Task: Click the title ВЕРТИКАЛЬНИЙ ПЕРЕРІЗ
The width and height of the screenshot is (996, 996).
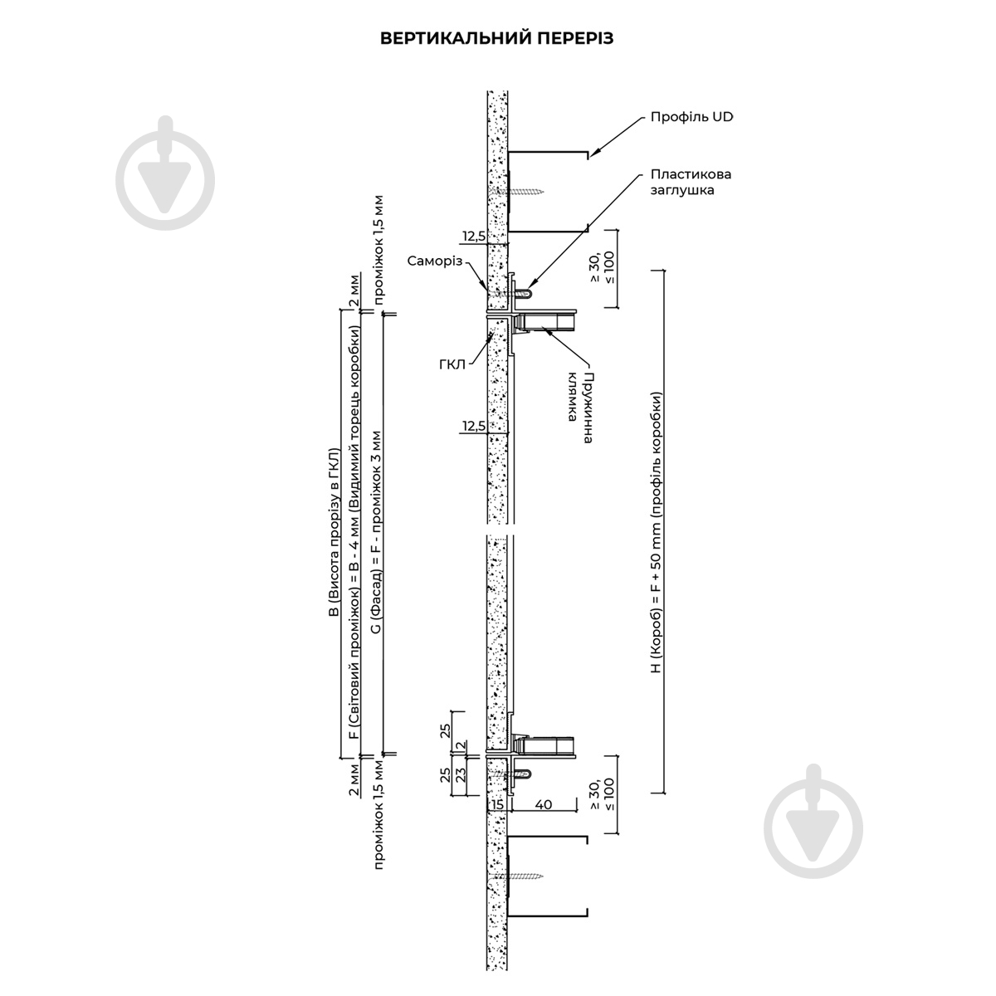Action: pyautogui.click(x=496, y=38)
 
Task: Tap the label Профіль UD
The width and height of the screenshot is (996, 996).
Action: pyautogui.click(x=691, y=117)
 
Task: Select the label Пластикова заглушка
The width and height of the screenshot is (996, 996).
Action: pyautogui.click(x=691, y=182)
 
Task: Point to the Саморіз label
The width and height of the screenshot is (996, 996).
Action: pyautogui.click(x=435, y=261)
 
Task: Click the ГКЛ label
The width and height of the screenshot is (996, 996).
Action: pyautogui.click(x=452, y=364)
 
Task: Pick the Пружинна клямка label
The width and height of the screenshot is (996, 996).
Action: pyautogui.click(x=580, y=408)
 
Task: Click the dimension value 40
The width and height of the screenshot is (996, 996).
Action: pyautogui.click(x=544, y=804)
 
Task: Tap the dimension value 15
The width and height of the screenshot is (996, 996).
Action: pyautogui.click(x=497, y=804)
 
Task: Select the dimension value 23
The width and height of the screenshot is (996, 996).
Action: pyautogui.click(x=461, y=774)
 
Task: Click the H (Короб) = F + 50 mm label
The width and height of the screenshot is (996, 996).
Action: pyautogui.click(x=656, y=533)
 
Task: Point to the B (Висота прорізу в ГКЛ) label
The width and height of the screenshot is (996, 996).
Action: pyautogui.click(x=334, y=532)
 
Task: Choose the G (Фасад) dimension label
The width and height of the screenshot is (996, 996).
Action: pyautogui.click(x=377, y=532)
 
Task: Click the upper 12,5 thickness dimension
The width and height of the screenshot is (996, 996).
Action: pyautogui.click(x=474, y=237)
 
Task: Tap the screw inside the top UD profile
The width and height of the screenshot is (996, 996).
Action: pyautogui.click(x=520, y=191)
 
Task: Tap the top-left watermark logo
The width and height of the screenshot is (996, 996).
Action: pyautogui.click(x=165, y=173)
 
